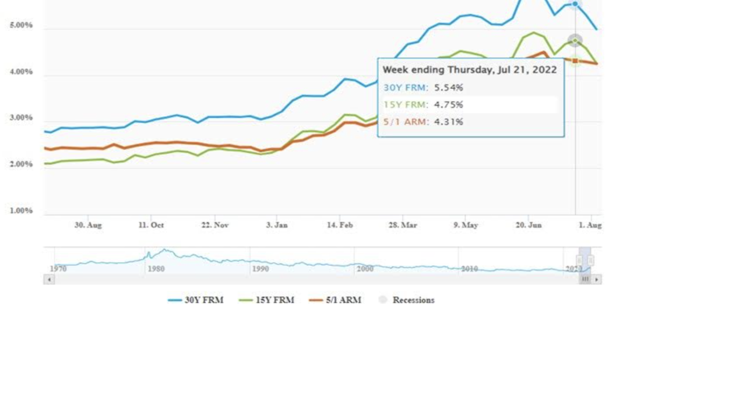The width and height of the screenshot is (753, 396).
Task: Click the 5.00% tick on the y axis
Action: point(21,25)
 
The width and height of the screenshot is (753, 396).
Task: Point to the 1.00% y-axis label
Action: point(21,211)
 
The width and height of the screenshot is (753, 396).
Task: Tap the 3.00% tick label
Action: point(21,118)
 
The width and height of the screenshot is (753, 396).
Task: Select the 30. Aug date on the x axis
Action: point(88,225)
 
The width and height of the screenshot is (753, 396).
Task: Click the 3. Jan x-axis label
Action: point(277,225)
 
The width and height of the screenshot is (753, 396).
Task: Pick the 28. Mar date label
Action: point(403,225)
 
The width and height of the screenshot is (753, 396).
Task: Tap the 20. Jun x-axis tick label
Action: point(528,225)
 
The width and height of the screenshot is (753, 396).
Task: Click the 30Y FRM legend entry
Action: point(196,300)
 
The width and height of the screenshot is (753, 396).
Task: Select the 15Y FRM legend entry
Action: point(267,300)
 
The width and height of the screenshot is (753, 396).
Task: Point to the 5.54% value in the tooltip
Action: point(449,87)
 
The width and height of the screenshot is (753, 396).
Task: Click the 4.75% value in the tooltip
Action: point(449,105)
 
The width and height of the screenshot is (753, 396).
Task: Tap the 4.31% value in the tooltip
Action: point(449,122)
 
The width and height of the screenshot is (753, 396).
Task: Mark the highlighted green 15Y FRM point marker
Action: point(575,41)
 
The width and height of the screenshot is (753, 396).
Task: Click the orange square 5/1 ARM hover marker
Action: point(575,61)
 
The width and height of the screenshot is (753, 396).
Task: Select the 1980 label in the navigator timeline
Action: point(156,269)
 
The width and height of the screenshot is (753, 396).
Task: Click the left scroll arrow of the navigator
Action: point(49,279)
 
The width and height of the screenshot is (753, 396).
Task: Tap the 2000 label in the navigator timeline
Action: point(365,269)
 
